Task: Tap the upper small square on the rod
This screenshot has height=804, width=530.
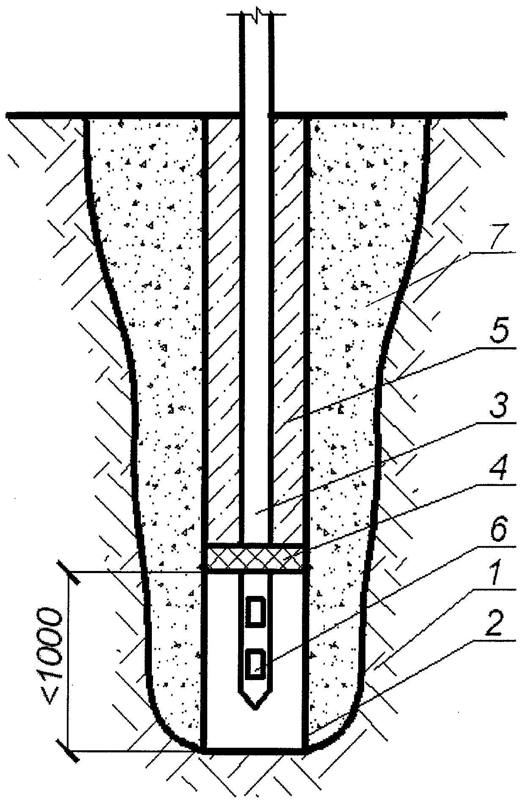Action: pyautogui.click(x=255, y=611)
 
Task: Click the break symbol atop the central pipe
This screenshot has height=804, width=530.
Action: pyautogui.click(x=256, y=16)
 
